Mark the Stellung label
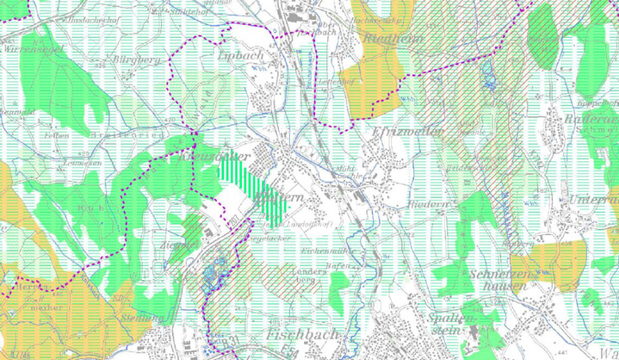[x=143, y=318]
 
